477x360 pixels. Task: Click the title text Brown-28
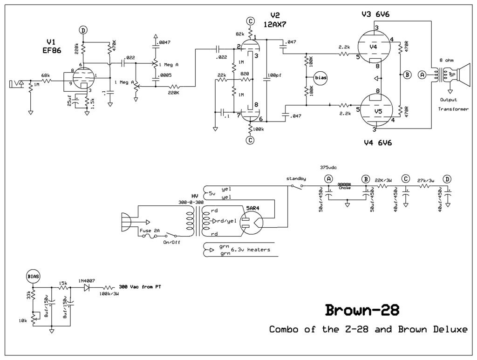click(362, 310)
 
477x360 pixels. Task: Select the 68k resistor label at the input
click(46, 75)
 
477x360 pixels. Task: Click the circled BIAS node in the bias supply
click(33, 276)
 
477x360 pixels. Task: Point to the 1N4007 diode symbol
click(86, 288)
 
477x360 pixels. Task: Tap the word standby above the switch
click(296, 178)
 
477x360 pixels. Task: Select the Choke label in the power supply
click(345, 188)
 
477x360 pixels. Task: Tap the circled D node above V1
click(83, 30)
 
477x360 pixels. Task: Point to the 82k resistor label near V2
click(240, 34)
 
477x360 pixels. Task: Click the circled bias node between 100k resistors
click(320, 77)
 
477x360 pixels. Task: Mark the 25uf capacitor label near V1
click(70, 103)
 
